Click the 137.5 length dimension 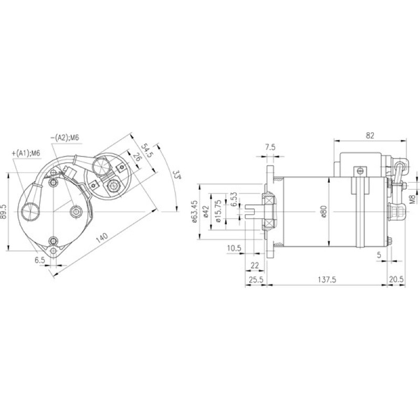pyautogui.click(x=327, y=280)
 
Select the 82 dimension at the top pyautogui.click(x=370, y=135)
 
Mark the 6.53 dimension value pyautogui.click(x=234, y=199)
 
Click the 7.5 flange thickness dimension pyautogui.click(x=270, y=147)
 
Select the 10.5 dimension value pyautogui.click(x=234, y=248)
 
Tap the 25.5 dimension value pyautogui.click(x=256, y=280)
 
